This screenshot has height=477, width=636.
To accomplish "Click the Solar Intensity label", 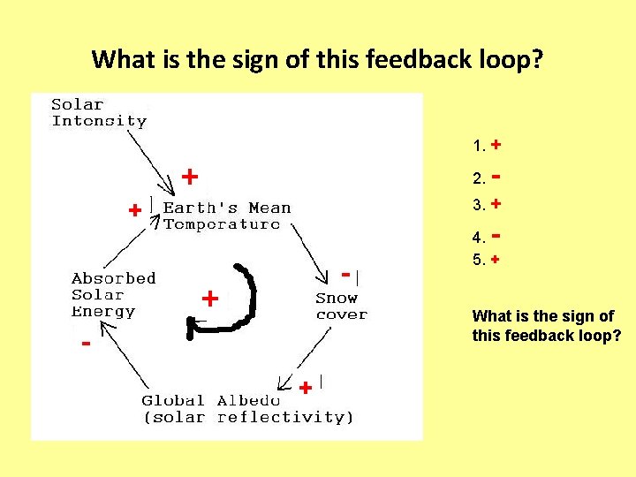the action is click(x=99, y=112).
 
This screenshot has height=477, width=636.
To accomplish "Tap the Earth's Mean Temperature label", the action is click(x=226, y=216).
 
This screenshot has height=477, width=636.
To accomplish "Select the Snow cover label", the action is click(x=341, y=307).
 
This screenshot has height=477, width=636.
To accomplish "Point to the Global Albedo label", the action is click(x=247, y=409).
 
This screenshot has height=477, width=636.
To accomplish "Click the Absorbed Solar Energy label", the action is click(x=113, y=295).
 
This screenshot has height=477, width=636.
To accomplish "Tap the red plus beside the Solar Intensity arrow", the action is click(x=189, y=177).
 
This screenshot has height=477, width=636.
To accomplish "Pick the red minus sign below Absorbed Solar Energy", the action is click(x=86, y=343).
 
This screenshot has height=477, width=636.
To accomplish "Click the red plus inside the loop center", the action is click(x=210, y=299).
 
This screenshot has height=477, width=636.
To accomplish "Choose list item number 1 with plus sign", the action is click(x=488, y=144).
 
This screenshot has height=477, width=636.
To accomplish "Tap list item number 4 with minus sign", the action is click(x=488, y=237).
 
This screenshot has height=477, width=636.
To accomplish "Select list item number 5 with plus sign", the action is click(x=488, y=261).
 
